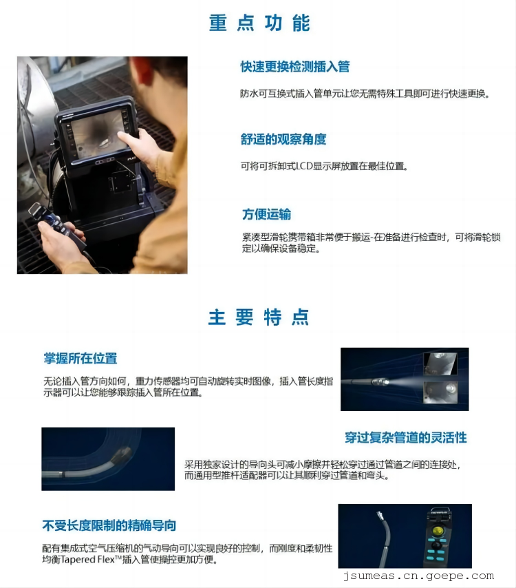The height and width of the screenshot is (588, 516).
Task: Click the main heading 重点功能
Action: coord(259,23)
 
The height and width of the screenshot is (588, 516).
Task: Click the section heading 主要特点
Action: coord(259,317)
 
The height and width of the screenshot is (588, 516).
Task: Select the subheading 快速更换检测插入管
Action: coord(295,67)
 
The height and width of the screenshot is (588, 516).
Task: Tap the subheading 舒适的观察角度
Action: coord(283,139)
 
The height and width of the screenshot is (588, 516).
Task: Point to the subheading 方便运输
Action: coord(266,214)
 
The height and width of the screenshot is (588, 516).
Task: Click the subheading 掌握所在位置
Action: coord(80,359)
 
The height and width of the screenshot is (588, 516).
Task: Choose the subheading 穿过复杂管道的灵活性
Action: coord(406,438)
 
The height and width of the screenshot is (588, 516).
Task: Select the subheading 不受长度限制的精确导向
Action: coord(109,525)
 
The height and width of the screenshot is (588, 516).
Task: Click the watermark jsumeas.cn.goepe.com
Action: coord(418,576)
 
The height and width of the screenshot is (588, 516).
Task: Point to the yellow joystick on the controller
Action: coord(437,531)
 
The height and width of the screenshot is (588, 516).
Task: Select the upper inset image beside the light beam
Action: coord(440,364)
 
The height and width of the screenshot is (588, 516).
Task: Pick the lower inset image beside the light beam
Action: coord(440,392)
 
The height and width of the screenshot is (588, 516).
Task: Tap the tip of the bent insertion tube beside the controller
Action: coord(380,514)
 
